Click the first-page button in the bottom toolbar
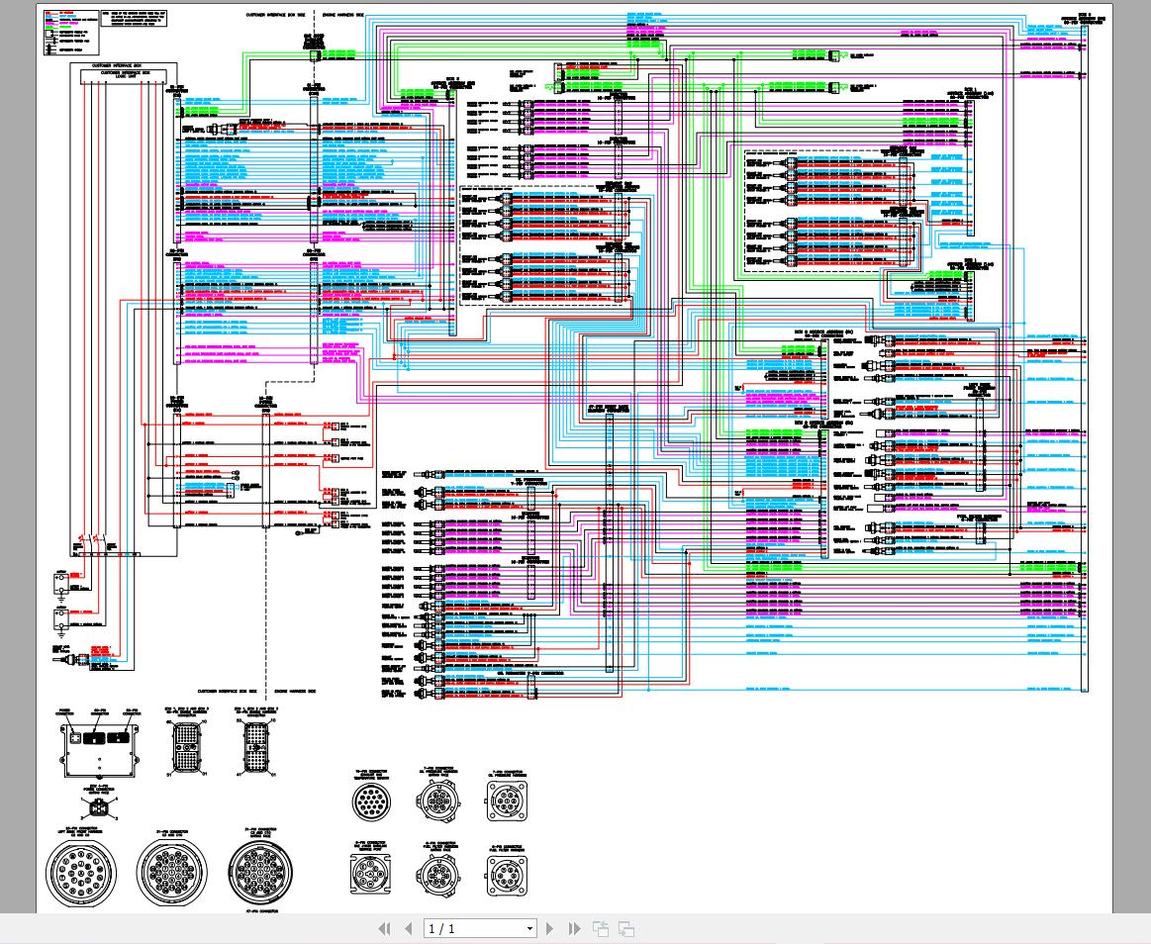[x=386, y=928]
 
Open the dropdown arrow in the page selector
[x=529, y=928]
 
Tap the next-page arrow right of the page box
[x=551, y=928]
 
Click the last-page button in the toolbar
[x=574, y=928]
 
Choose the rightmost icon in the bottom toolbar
[x=625, y=928]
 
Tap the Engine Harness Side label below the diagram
[x=294, y=691]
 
